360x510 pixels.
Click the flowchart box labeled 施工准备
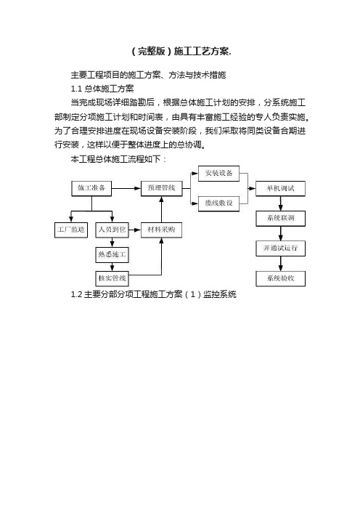pos(91,188)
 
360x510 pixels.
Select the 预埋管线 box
pos(161,188)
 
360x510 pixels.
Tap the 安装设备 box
pos(218,174)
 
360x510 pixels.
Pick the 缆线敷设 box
pos(218,203)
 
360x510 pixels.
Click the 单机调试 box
pos(280,188)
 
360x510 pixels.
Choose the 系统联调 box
pos(280,219)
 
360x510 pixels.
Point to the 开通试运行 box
pos(280,248)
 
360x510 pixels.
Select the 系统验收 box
pos(280,279)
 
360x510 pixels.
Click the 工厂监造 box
pos(71,230)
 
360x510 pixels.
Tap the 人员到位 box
pos(112,230)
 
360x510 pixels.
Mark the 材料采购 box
pos(161,230)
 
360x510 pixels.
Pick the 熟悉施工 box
pos(112,255)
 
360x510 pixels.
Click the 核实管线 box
pos(112,279)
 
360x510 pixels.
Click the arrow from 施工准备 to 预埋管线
pos(126,188)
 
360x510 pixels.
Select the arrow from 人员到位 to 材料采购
pos(135,230)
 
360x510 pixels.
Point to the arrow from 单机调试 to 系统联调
pos(281,203)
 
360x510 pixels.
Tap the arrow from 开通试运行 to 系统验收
pos(281,264)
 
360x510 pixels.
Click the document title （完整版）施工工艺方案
pos(181,52)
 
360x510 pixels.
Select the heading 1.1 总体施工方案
pos(102,89)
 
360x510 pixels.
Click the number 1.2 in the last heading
pos(76,295)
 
